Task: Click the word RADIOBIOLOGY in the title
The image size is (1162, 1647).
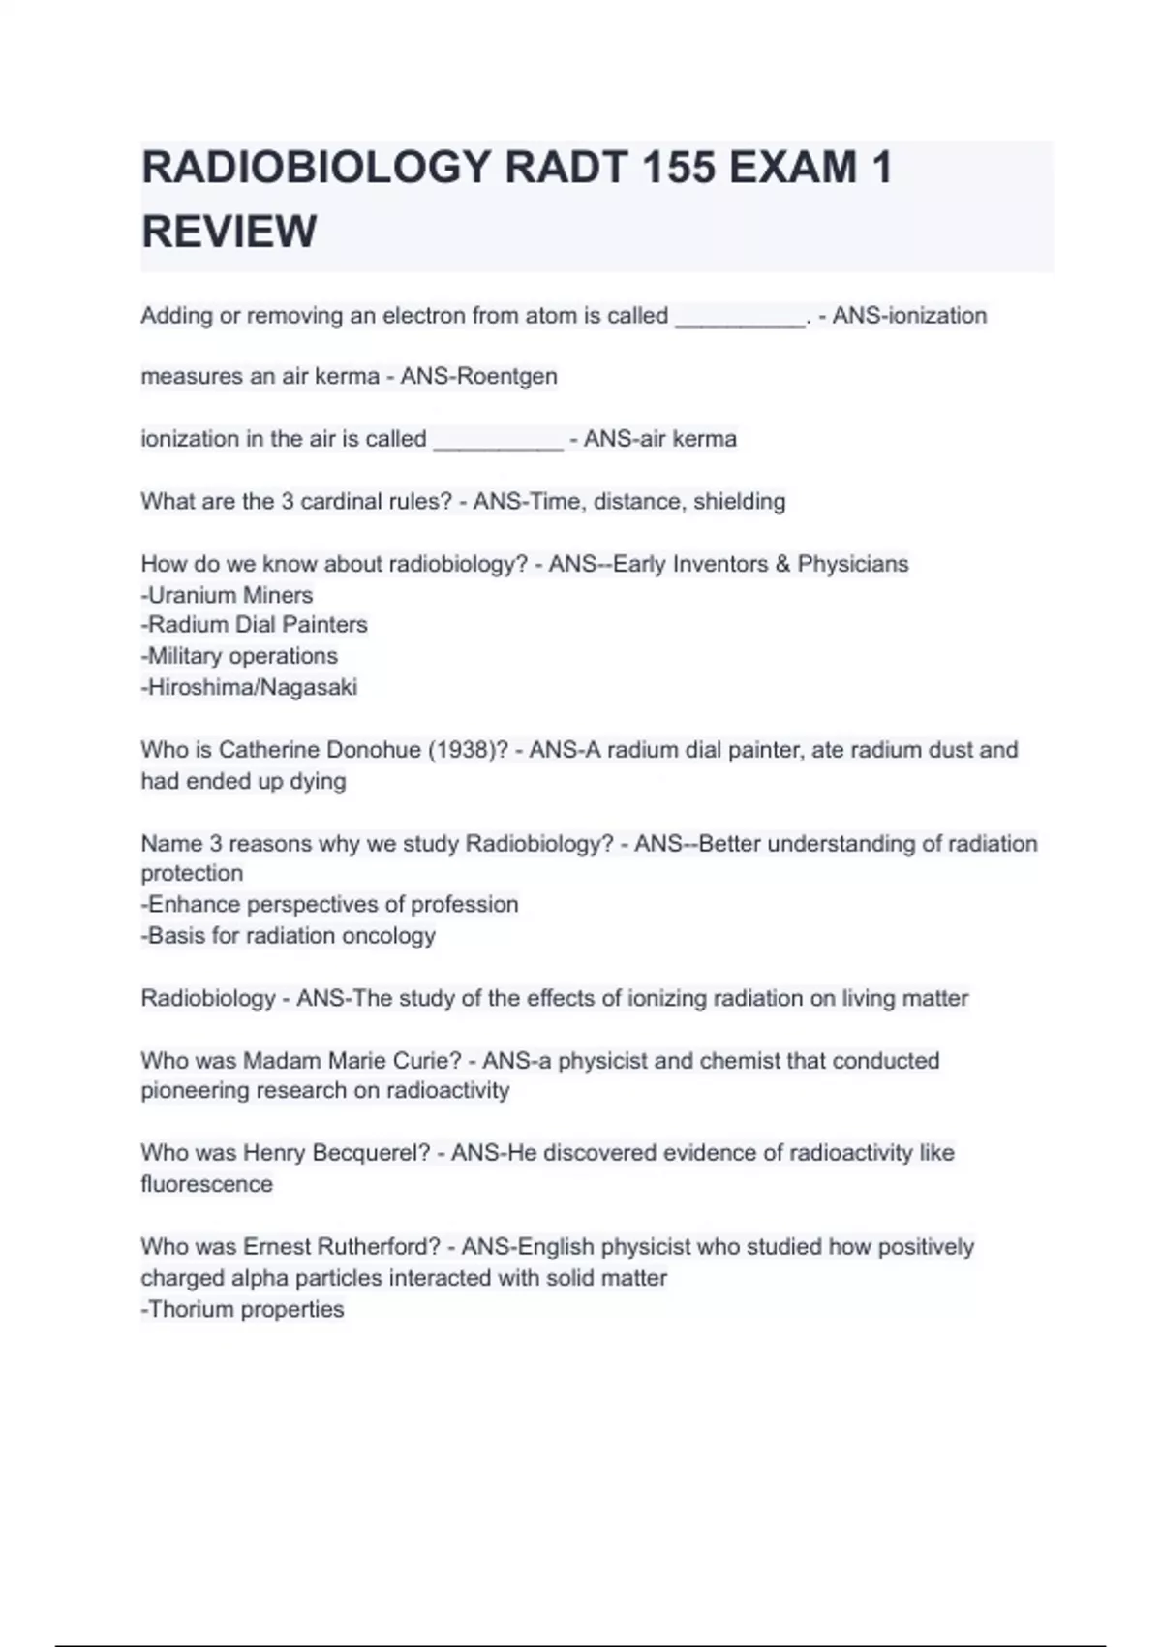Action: click(x=317, y=168)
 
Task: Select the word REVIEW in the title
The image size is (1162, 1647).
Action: click(x=229, y=232)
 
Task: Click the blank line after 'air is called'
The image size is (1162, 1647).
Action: click(x=498, y=442)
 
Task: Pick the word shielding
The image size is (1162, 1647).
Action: click(x=739, y=501)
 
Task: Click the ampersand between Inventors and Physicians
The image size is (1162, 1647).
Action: click(x=782, y=564)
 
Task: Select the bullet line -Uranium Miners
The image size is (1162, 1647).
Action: click(x=227, y=595)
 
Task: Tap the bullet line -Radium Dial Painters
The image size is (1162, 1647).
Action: click(x=254, y=625)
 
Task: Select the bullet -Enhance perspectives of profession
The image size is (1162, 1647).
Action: click(x=329, y=904)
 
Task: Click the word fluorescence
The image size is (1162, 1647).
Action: click(x=206, y=1184)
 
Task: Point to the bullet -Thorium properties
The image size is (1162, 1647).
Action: click(x=242, y=1309)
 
